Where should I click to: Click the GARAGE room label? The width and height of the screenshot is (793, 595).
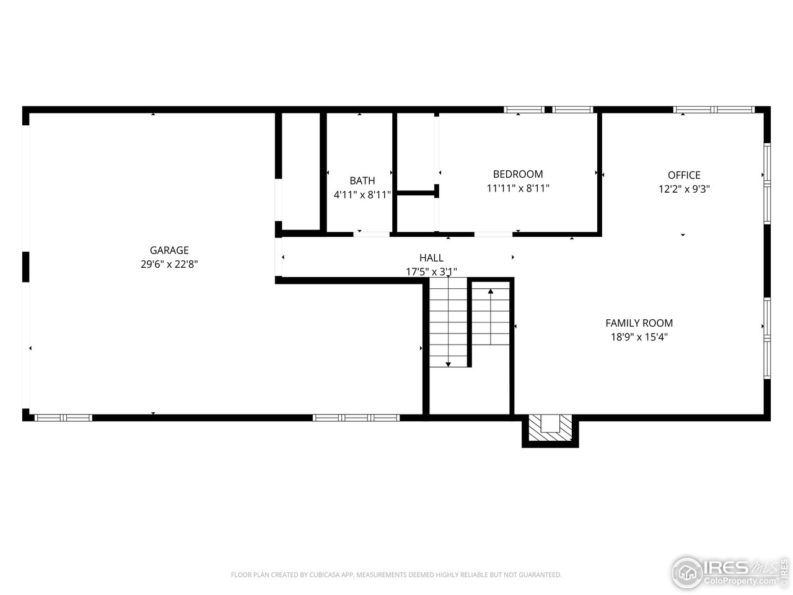(169, 250)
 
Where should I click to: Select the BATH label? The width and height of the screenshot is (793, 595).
(362, 181)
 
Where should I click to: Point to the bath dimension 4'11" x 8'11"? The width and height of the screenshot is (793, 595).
(362, 195)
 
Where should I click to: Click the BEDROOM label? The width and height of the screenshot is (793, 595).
(518, 174)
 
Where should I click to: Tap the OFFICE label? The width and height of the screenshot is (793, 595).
(684, 175)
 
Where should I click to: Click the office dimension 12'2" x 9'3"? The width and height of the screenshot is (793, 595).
(684, 189)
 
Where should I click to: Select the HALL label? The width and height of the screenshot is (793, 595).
(431, 258)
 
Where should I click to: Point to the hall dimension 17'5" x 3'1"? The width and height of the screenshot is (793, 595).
(431, 271)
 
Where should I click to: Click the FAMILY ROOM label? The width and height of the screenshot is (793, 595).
(639, 323)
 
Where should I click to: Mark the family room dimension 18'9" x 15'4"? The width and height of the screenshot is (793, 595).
(639, 337)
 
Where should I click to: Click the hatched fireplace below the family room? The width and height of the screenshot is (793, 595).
(550, 429)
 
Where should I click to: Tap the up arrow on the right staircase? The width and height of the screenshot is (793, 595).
(491, 291)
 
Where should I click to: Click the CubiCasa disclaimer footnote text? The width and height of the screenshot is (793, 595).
(396, 575)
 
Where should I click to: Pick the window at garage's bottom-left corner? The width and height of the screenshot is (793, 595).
(63, 418)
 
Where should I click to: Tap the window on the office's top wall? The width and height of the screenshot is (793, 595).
(714, 110)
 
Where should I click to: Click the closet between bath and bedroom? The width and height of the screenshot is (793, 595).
(416, 152)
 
